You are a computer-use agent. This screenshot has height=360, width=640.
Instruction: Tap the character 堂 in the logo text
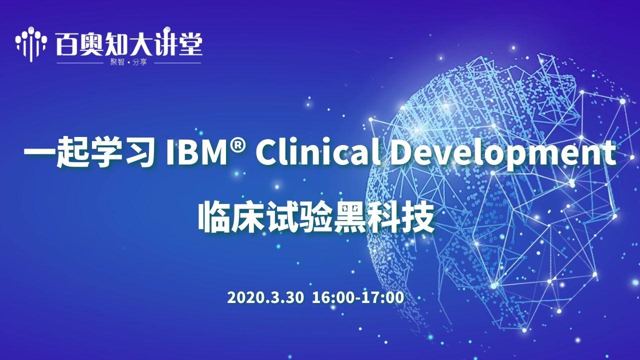coord(189,44)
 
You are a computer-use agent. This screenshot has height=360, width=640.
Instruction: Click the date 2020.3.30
coord(265,297)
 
